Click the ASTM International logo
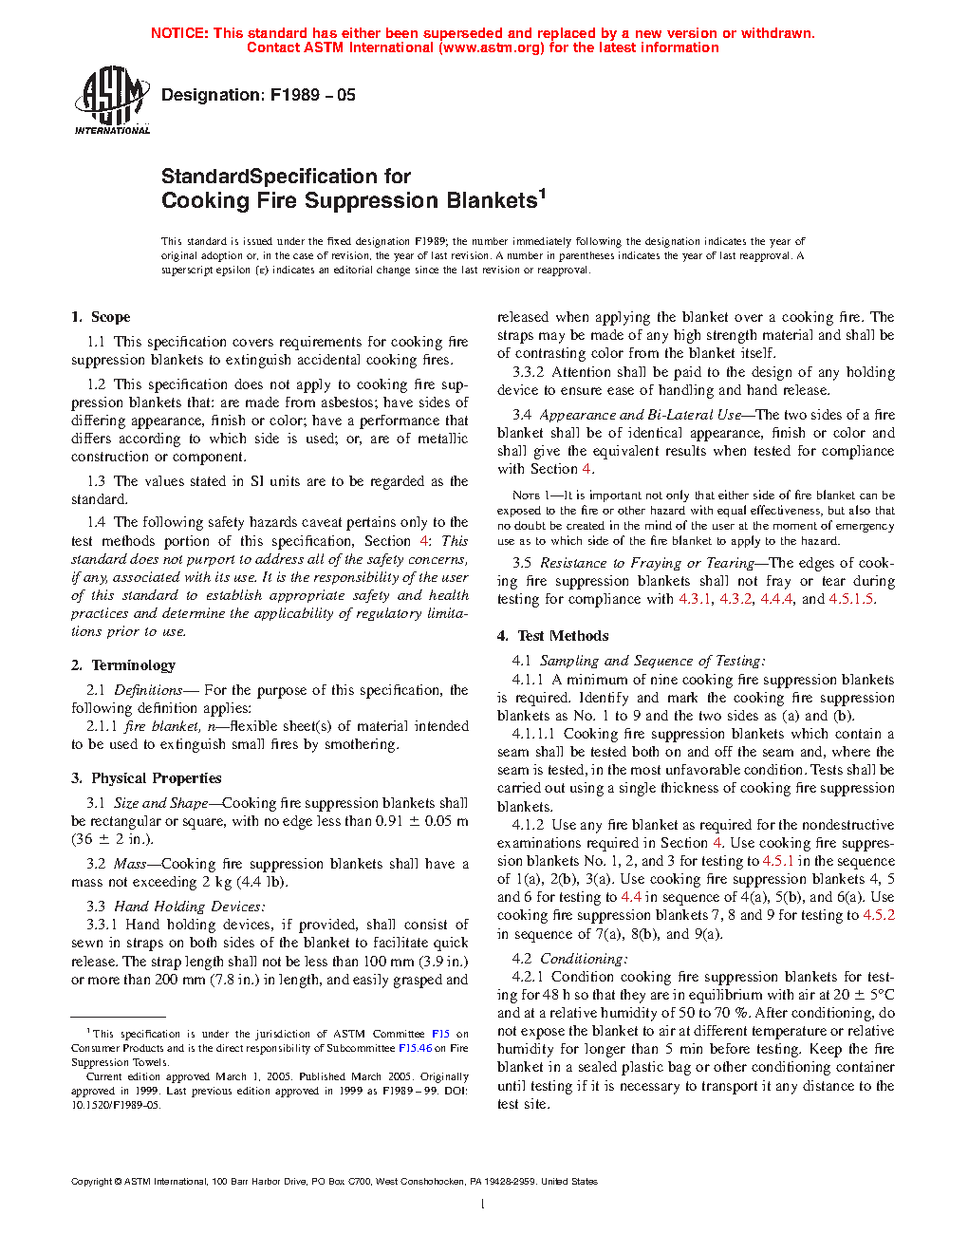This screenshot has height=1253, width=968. [112, 100]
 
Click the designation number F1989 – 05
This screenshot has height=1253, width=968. [312, 95]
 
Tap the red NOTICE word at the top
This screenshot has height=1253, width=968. [179, 33]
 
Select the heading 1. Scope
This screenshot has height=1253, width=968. [101, 317]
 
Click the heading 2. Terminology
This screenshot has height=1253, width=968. [123, 665]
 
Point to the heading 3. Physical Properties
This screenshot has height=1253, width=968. [146, 778]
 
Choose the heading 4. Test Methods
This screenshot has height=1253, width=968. [552, 636]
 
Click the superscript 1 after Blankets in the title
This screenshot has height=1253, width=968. [542, 194]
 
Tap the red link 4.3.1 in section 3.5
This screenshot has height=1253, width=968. [695, 599]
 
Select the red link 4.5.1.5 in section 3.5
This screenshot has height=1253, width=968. [851, 599]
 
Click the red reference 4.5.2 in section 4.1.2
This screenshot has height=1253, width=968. [879, 915]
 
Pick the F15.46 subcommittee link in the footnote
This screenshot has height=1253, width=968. [415, 1048]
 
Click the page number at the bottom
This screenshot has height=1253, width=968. [483, 1205]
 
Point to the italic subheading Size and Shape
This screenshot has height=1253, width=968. [160, 803]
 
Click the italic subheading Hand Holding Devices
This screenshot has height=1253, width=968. [189, 907]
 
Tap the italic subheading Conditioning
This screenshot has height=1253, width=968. [583, 959]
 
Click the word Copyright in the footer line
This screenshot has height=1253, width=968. [92, 1182]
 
